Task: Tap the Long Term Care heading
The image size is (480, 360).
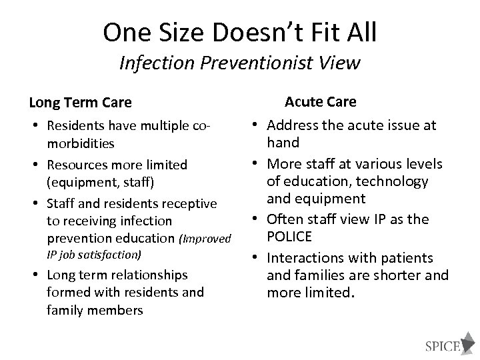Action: [81, 103]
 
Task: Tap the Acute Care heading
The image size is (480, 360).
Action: [320, 101]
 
